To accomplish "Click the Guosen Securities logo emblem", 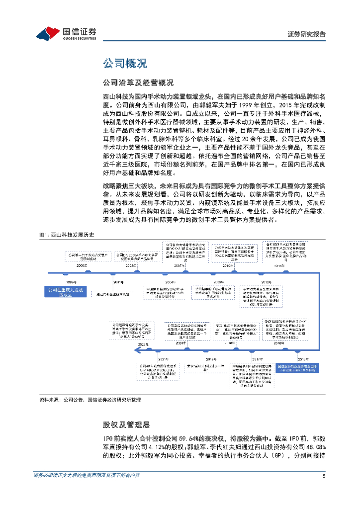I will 48,33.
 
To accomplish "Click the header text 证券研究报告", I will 307,34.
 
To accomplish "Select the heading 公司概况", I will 125,64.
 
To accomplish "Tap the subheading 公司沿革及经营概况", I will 138,82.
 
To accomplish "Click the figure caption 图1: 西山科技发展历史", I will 66,235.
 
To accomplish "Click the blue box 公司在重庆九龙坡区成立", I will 65,292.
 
